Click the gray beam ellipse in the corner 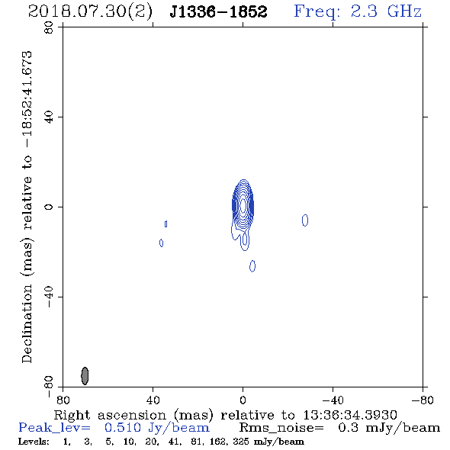pyautogui.click(x=85, y=376)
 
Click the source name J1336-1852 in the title pyautogui.click(x=218, y=11)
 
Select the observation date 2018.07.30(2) pyautogui.click(x=90, y=12)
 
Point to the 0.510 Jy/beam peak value pyautogui.click(x=156, y=428)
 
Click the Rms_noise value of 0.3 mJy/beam pyautogui.click(x=389, y=428)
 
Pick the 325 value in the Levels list pyautogui.click(x=241, y=442)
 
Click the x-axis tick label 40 pyautogui.click(x=153, y=400)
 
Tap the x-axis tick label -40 pyautogui.click(x=333, y=400)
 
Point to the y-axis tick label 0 pyautogui.click(x=49, y=207)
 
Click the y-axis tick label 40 pyautogui.click(x=49, y=117)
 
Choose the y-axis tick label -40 pyautogui.click(x=49, y=297)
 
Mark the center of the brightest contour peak pyautogui.click(x=243, y=205)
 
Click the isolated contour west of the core pyautogui.click(x=305, y=220)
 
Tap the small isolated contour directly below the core pyautogui.click(x=252, y=266)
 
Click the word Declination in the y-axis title pyautogui.click(x=27, y=324)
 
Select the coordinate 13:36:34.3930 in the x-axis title pyautogui.click(x=350, y=415)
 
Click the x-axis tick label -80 pyautogui.click(x=423, y=400)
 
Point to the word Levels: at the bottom pyautogui.click(x=34, y=442)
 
